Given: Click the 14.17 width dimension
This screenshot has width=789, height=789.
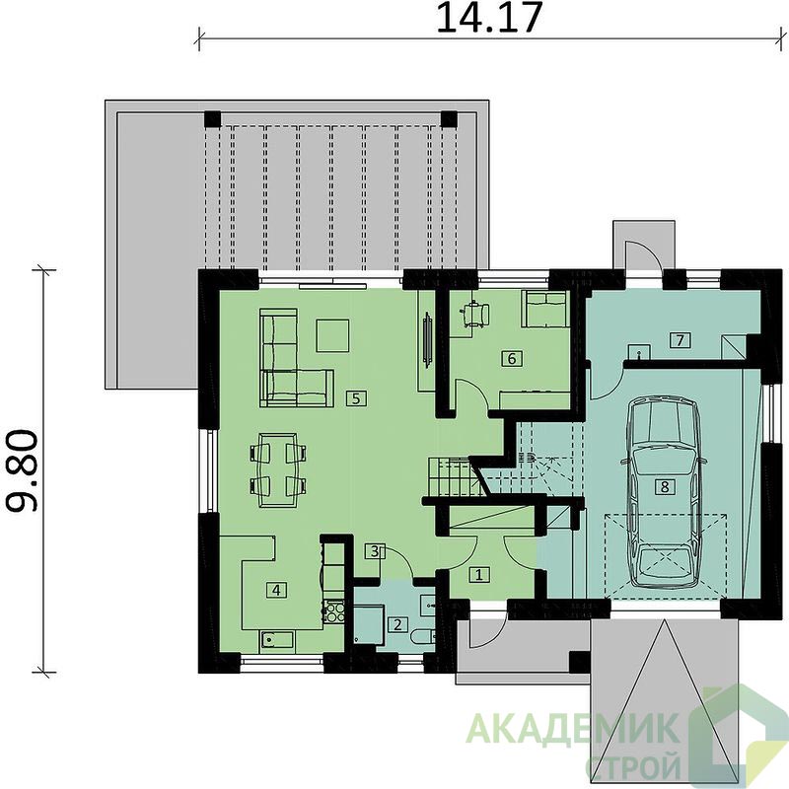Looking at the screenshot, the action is tap(489, 18).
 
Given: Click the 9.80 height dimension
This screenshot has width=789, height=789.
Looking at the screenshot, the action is tap(22, 470).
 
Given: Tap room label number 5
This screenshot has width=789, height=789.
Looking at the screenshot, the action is tap(356, 398).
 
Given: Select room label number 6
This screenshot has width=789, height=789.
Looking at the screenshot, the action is tap(512, 358).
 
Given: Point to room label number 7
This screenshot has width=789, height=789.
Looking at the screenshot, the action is tap(680, 340).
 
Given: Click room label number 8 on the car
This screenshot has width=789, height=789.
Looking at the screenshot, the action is tap(665, 486).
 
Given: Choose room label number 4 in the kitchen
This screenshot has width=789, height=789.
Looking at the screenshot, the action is tap(276, 589).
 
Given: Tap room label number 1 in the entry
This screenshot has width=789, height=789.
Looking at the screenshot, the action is tap(479, 574).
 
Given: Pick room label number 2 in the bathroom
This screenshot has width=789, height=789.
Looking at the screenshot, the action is tap(397, 625).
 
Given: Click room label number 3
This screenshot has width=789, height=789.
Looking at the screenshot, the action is tap(375, 551).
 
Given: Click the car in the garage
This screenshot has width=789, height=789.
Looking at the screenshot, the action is tap(664, 491).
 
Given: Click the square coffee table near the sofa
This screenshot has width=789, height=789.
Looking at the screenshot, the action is tap(332, 335).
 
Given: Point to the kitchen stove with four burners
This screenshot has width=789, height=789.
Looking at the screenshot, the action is tap(333, 611).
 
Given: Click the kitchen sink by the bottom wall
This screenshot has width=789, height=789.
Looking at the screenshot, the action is tap(277, 640).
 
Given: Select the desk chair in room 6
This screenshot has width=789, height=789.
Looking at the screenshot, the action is tap(474, 314).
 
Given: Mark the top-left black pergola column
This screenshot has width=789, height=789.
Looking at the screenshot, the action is tap(212, 118).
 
